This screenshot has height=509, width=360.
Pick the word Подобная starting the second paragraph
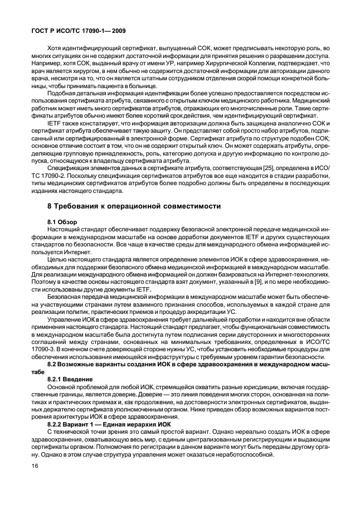click(x=63, y=100)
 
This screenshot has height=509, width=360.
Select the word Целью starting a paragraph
click(x=57, y=259)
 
